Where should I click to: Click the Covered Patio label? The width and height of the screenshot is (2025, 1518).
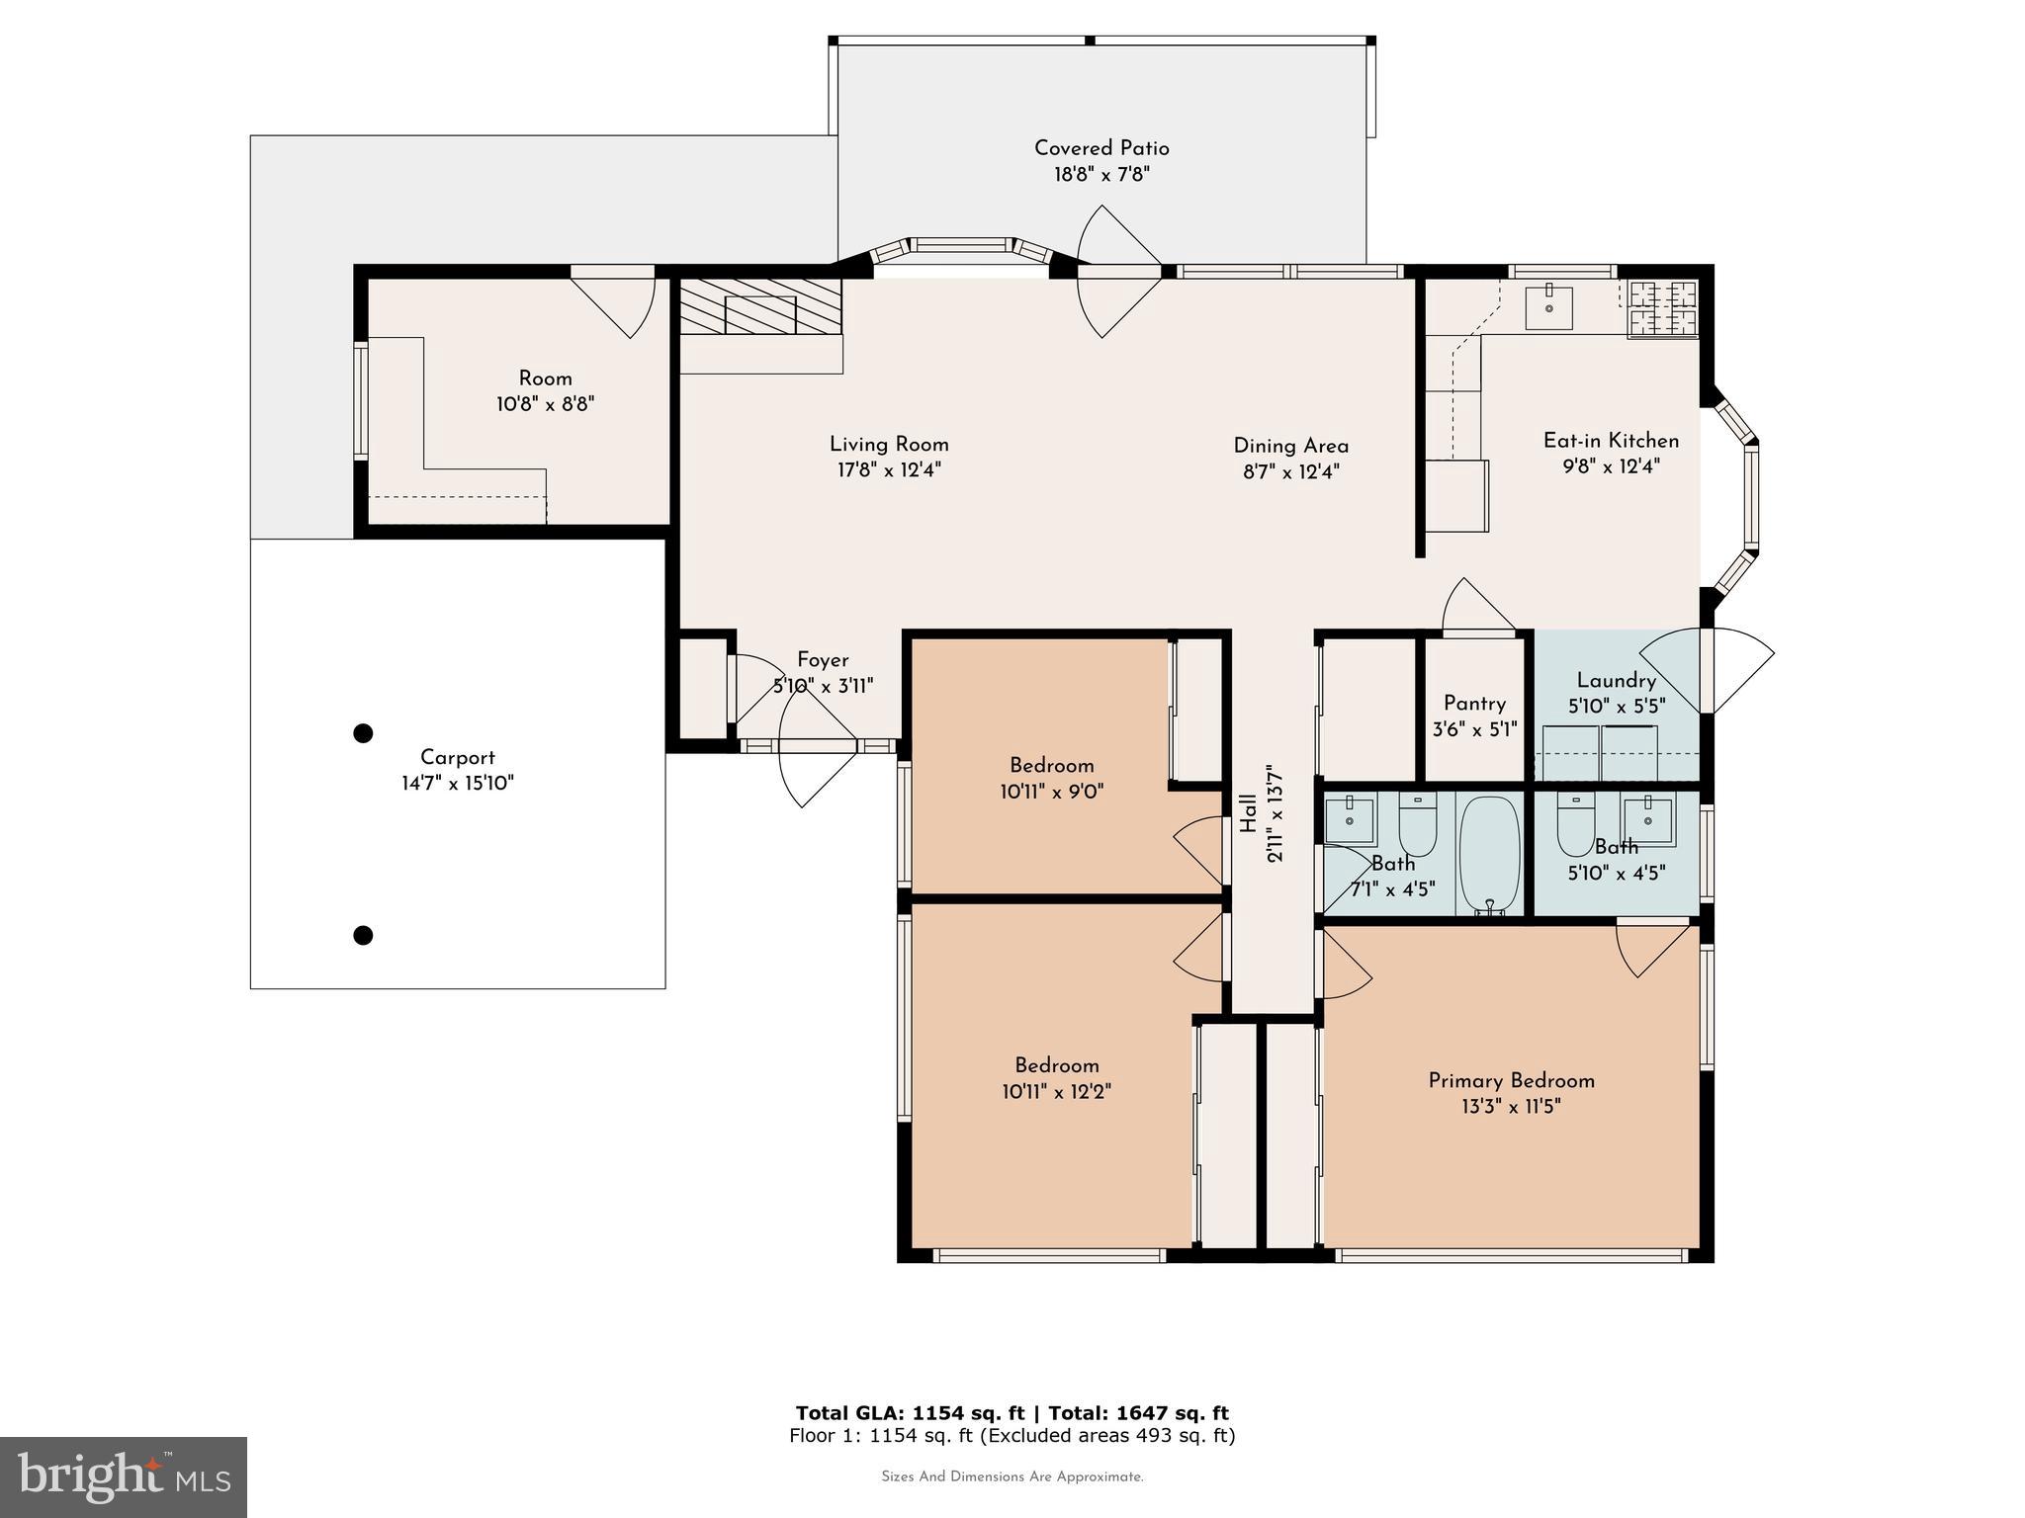click(1101, 148)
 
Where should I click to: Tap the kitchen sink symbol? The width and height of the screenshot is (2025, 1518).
click(1549, 306)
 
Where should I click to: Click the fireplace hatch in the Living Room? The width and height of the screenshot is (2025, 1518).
click(759, 306)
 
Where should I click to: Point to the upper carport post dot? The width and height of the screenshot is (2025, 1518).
click(363, 733)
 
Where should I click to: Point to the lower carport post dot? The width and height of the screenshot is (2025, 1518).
click(363, 935)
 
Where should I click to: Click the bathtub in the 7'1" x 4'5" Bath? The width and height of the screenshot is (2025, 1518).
click(1489, 854)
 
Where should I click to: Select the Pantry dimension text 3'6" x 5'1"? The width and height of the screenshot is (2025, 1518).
click(1474, 730)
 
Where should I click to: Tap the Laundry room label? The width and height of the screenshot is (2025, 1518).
click(1616, 681)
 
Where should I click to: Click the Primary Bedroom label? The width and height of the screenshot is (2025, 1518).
click(1511, 1081)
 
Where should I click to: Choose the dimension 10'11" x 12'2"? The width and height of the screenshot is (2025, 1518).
click(1056, 1092)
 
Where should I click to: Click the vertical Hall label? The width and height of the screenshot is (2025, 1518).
click(1249, 813)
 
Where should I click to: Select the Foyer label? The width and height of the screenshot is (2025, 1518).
click(823, 660)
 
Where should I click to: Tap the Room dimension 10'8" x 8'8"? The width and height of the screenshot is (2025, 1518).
click(545, 404)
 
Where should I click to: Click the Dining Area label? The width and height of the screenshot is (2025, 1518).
click(1290, 446)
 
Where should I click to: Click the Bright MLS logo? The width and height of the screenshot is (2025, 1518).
click(124, 1476)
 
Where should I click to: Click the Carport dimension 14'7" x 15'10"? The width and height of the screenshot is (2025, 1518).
click(457, 784)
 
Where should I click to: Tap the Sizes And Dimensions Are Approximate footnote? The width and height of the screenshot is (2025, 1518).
click(1012, 1477)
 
